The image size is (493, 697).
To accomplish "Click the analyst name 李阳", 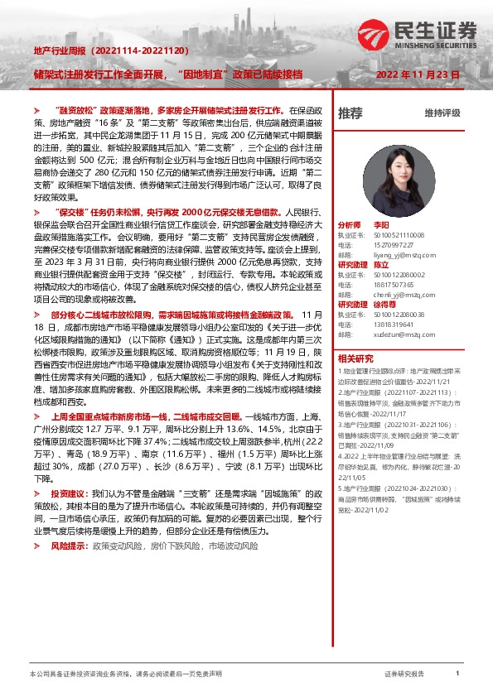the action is pyautogui.click(x=381, y=225).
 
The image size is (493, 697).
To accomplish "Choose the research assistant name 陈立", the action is pyautogui.click(x=381, y=265).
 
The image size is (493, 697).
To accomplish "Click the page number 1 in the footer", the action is pyautogui.click(x=457, y=674).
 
